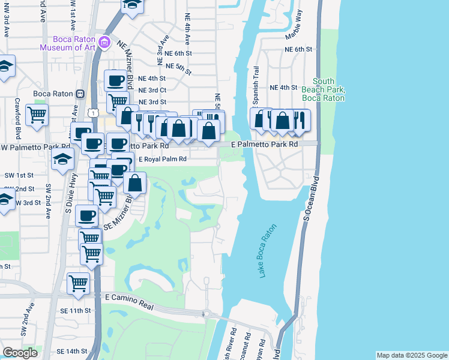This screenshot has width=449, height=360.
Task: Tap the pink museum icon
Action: pyautogui.click(x=104, y=42)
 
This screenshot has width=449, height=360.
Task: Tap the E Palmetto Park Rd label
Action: pyautogui.click(x=265, y=145)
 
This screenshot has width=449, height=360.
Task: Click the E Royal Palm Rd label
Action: pyautogui.click(x=163, y=160)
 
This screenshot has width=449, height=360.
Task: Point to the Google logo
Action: pyautogui.click(x=20, y=353)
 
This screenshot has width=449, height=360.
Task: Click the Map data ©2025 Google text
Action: pyautogui.click(x=411, y=355)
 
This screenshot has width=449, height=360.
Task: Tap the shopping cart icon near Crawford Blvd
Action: pyautogui.click(x=37, y=113)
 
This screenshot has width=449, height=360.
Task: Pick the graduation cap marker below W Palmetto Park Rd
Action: pyautogui.click(x=62, y=160)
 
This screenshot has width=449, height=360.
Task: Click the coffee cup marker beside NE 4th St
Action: pyautogui.click(x=115, y=80)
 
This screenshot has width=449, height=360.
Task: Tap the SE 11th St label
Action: pyautogui.click(x=75, y=311)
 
